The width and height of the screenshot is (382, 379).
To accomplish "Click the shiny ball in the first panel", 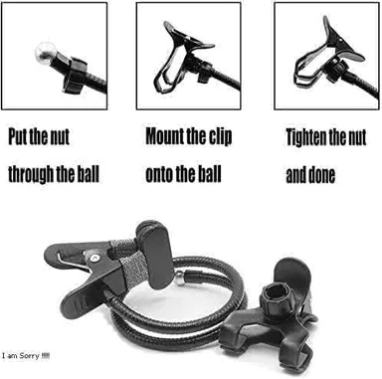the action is (x=46, y=54).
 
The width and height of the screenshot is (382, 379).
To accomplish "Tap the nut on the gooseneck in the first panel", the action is (x=75, y=75).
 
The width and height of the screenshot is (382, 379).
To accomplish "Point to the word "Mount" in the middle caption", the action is (x=164, y=135).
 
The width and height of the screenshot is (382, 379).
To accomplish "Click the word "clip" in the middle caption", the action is (x=220, y=136).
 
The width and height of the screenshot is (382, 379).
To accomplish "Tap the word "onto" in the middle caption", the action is (x=159, y=175).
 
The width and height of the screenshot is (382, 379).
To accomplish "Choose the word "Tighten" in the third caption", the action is (x=306, y=137).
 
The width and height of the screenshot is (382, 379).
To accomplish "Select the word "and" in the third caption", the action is (x=296, y=175).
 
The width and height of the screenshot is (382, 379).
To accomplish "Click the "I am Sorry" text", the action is (x=26, y=356).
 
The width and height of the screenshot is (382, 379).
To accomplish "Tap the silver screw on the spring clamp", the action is (x=95, y=259).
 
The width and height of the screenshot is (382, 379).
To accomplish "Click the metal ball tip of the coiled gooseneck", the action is (x=179, y=278).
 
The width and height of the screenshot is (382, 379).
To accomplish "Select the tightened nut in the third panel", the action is (x=335, y=70).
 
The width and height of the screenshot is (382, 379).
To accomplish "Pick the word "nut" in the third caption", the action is (x=357, y=138).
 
